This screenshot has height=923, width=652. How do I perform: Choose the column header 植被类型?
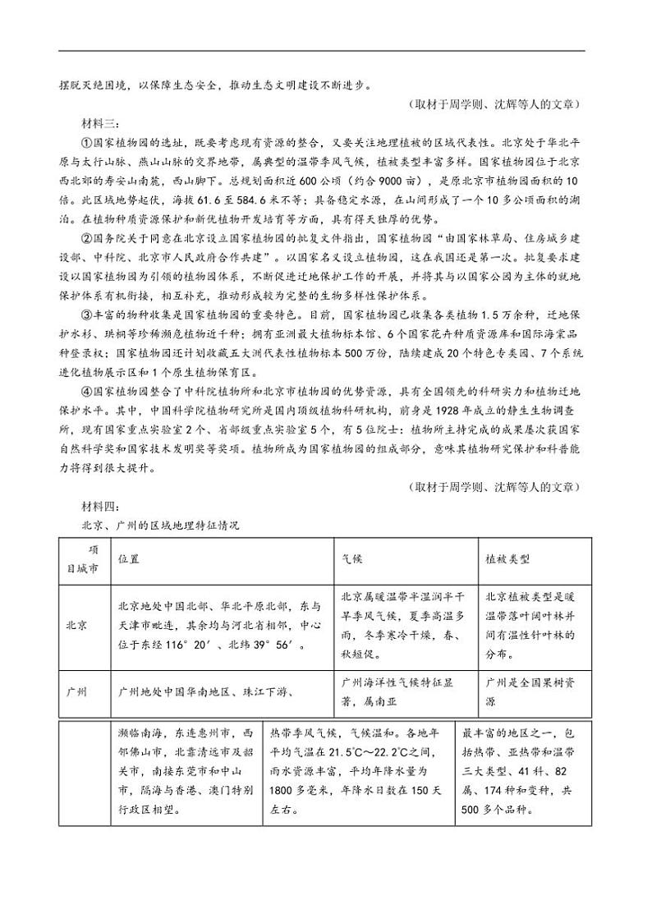pos(507,558)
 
